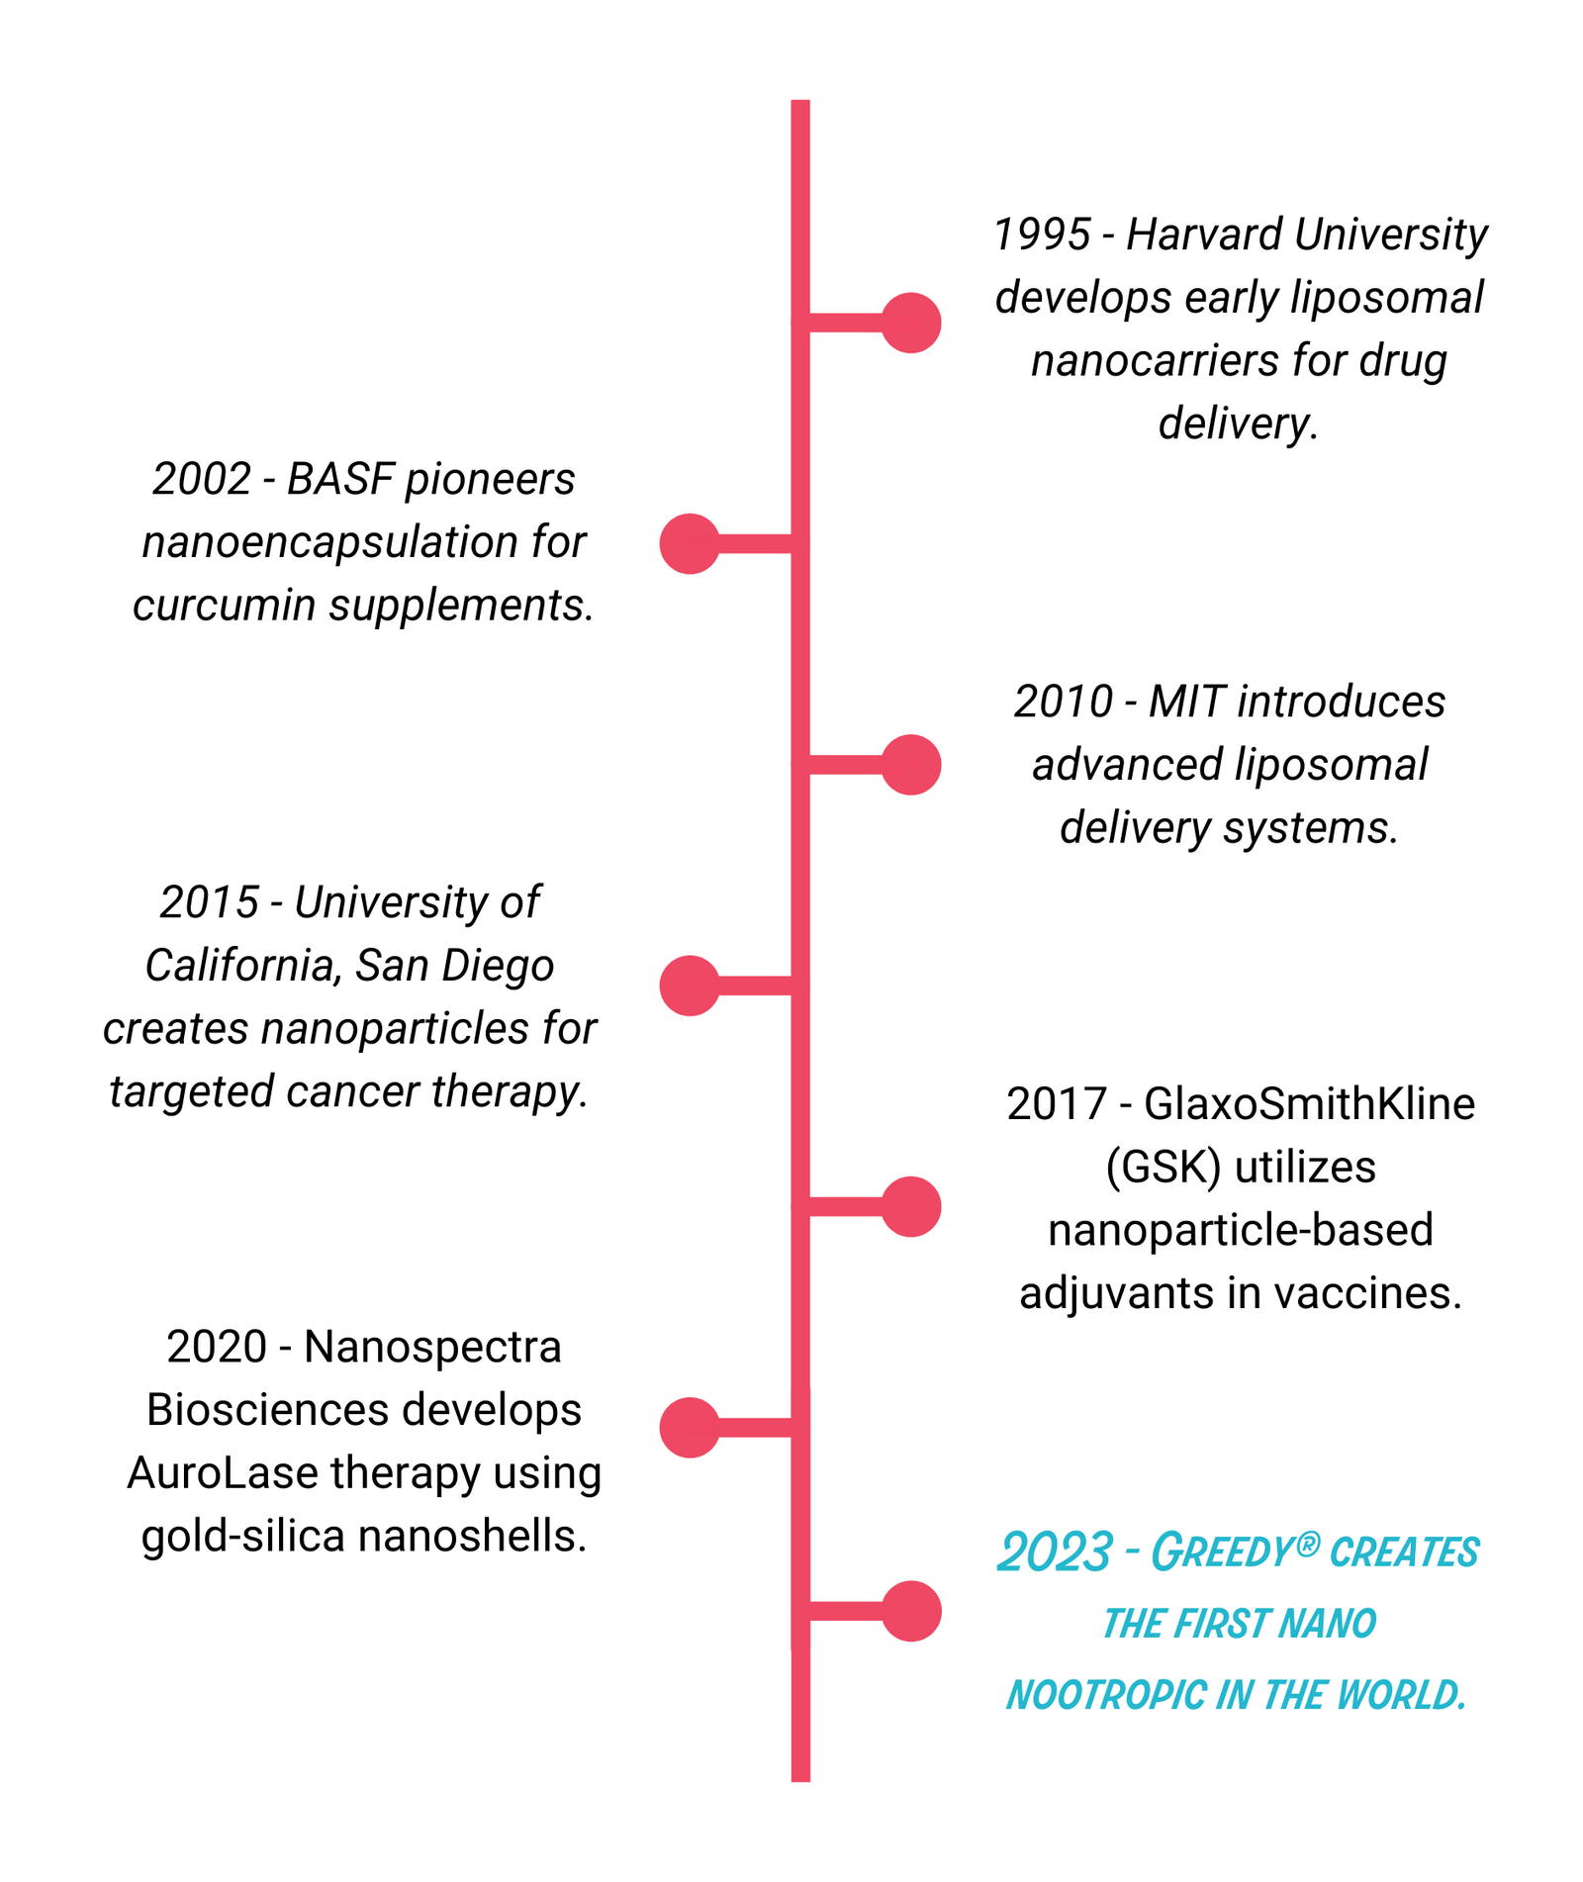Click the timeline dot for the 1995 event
tap(910, 323)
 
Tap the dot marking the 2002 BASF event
tap(690, 543)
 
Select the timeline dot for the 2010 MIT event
tap(910, 765)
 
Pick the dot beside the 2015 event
tap(690, 986)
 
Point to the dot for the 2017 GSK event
tap(910, 1206)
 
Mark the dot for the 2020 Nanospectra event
tap(690, 1427)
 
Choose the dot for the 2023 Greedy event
tap(910, 1611)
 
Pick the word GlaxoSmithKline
tap(1309, 1103)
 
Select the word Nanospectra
tap(432, 1347)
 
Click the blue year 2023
tap(1055, 1552)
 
